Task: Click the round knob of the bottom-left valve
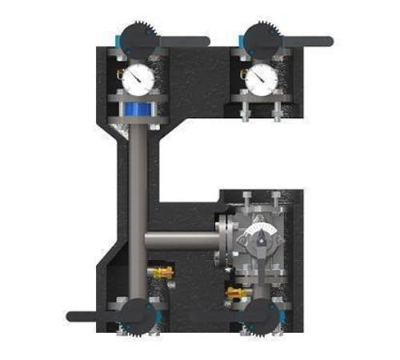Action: [135, 314]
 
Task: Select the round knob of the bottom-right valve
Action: [259, 314]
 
